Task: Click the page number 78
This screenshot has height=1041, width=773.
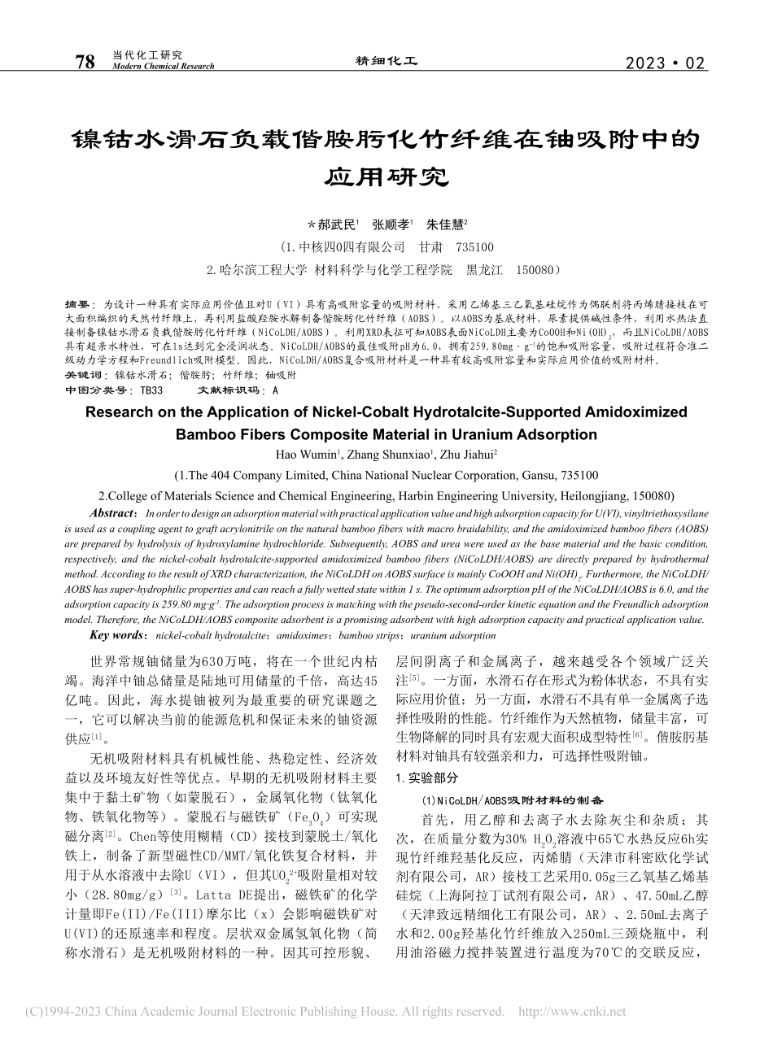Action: pyautogui.click(x=85, y=61)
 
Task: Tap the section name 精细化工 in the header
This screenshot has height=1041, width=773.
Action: pyautogui.click(x=386, y=61)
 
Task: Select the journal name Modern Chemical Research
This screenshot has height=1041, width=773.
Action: pyautogui.click(x=162, y=67)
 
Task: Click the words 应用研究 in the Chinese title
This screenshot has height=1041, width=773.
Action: pyautogui.click(x=386, y=176)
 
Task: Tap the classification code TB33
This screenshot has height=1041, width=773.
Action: pyautogui.click(x=151, y=390)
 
